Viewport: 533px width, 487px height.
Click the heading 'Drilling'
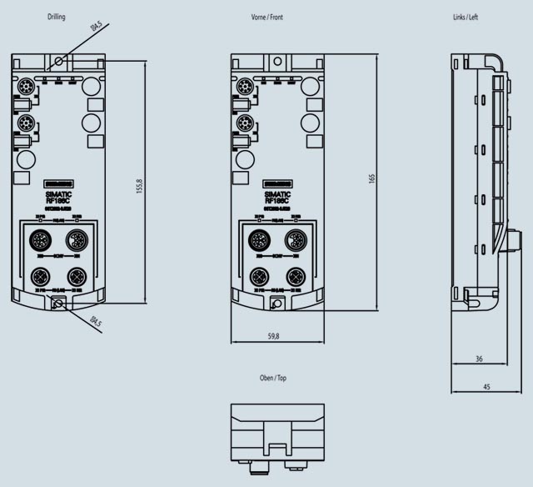(x=57, y=17)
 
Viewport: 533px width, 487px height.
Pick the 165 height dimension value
(x=372, y=178)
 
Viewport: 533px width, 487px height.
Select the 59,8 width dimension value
(x=273, y=335)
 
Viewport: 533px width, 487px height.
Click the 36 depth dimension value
(x=478, y=359)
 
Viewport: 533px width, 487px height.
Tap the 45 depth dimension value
(x=486, y=385)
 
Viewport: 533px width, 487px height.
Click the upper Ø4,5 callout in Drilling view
(x=97, y=28)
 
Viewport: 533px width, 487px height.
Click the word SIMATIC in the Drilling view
(x=58, y=193)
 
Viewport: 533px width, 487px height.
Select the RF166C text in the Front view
(x=277, y=200)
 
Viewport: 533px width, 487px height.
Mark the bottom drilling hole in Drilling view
(x=58, y=305)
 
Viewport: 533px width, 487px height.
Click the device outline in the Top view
(x=277, y=434)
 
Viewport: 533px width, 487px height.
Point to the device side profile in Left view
(x=479, y=183)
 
